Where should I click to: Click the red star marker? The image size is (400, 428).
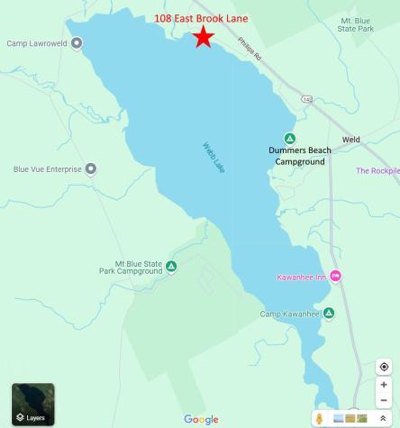click(204, 37)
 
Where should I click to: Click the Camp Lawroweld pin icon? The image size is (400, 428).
click(77, 42)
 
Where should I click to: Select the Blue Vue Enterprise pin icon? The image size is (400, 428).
click(90, 168)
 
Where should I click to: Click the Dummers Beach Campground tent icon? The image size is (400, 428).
click(290, 138)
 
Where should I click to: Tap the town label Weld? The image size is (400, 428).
click(350, 140)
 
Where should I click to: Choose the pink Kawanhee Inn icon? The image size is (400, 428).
click(336, 276)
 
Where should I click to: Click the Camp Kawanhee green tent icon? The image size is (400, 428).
click(329, 313)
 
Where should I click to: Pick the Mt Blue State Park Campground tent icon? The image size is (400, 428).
click(171, 266)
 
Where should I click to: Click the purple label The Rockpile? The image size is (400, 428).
click(377, 170)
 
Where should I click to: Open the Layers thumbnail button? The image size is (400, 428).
click(33, 405)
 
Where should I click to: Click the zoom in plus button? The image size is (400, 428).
click(384, 385)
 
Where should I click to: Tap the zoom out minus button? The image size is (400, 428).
click(384, 400)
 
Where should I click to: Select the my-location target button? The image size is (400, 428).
click(384, 367)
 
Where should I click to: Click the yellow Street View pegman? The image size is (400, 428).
click(319, 419)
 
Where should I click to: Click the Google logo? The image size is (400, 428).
click(201, 419)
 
